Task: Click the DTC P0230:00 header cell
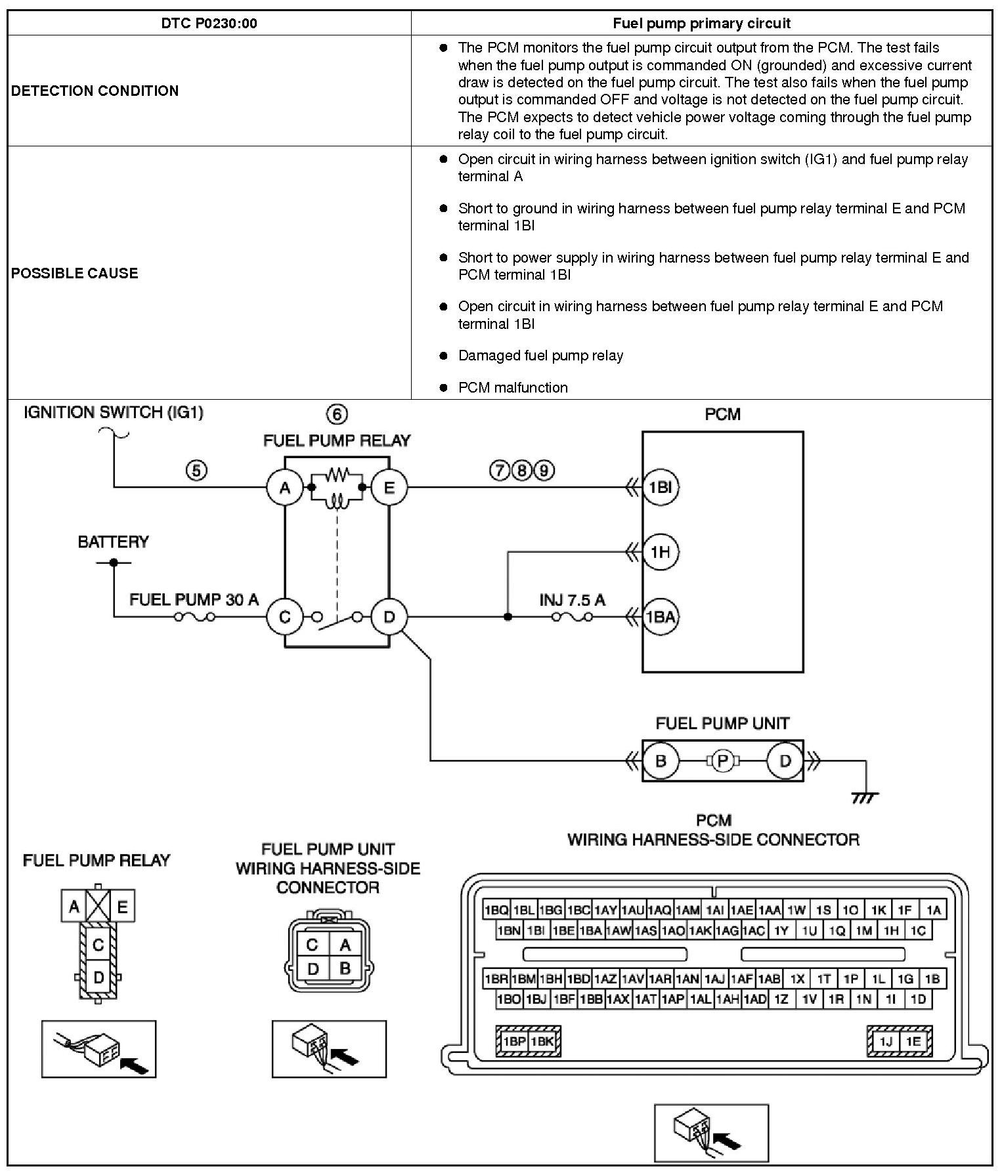tap(209, 24)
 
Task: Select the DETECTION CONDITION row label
tap(95, 91)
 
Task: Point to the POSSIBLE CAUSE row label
tap(74, 273)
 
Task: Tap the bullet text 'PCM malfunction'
tap(512, 387)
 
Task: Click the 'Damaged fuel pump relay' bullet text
tap(540, 355)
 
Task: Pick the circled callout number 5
tap(196, 470)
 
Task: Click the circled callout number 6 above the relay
tap(336, 414)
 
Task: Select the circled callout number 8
tap(521, 470)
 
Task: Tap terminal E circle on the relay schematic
tap(389, 488)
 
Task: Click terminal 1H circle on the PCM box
tap(660, 552)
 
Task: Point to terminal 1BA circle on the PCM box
tap(660, 617)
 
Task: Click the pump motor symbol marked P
tap(723, 761)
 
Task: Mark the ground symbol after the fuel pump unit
tap(865, 797)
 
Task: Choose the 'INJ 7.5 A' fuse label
tap(572, 600)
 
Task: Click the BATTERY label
tap(113, 542)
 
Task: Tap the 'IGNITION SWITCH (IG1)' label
tap(114, 412)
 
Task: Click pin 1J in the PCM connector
tap(886, 1041)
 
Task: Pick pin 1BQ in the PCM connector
tap(496, 910)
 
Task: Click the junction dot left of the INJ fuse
tap(508, 617)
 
